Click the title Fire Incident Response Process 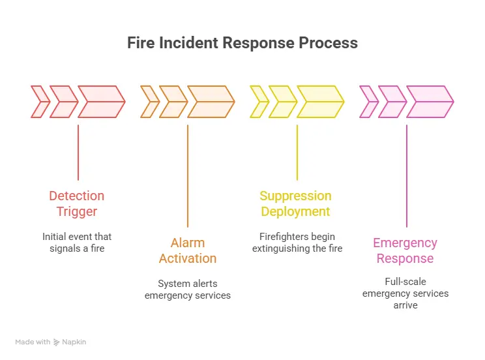pyautogui.click(x=242, y=43)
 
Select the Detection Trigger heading pyautogui.click(x=76, y=203)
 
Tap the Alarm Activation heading pyautogui.click(x=187, y=250)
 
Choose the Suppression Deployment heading pyautogui.click(x=295, y=203)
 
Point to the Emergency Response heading pyautogui.click(x=405, y=250)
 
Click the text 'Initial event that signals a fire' pyautogui.click(x=76, y=243)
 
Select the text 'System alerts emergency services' pyautogui.click(x=187, y=290)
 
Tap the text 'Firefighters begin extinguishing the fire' pyautogui.click(x=297, y=243)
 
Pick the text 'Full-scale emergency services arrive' pyautogui.click(x=405, y=293)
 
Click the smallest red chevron pyautogui.click(x=40, y=102)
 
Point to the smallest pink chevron pyautogui.click(x=369, y=102)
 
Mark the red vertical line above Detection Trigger pyautogui.click(x=78, y=152)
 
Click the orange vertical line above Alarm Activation pyautogui.click(x=188, y=175)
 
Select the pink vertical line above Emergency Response pyautogui.click(x=407, y=175)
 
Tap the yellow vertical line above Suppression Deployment pyautogui.click(x=297, y=152)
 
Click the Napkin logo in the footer pyautogui.click(x=69, y=342)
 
